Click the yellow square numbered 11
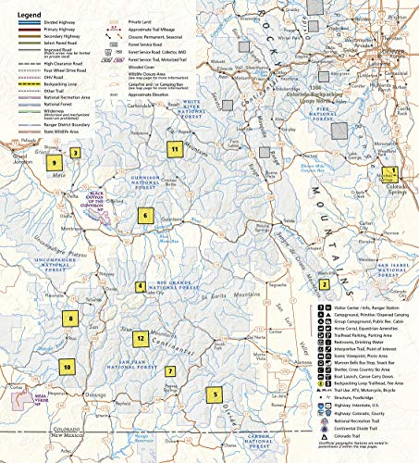pos(173,148)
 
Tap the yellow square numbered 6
pos(144,216)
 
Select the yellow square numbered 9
pos(55,163)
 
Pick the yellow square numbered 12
pos(140,339)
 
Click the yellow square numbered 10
pos(68,367)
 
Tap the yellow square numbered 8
pos(69,320)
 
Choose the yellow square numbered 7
pos(170,371)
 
